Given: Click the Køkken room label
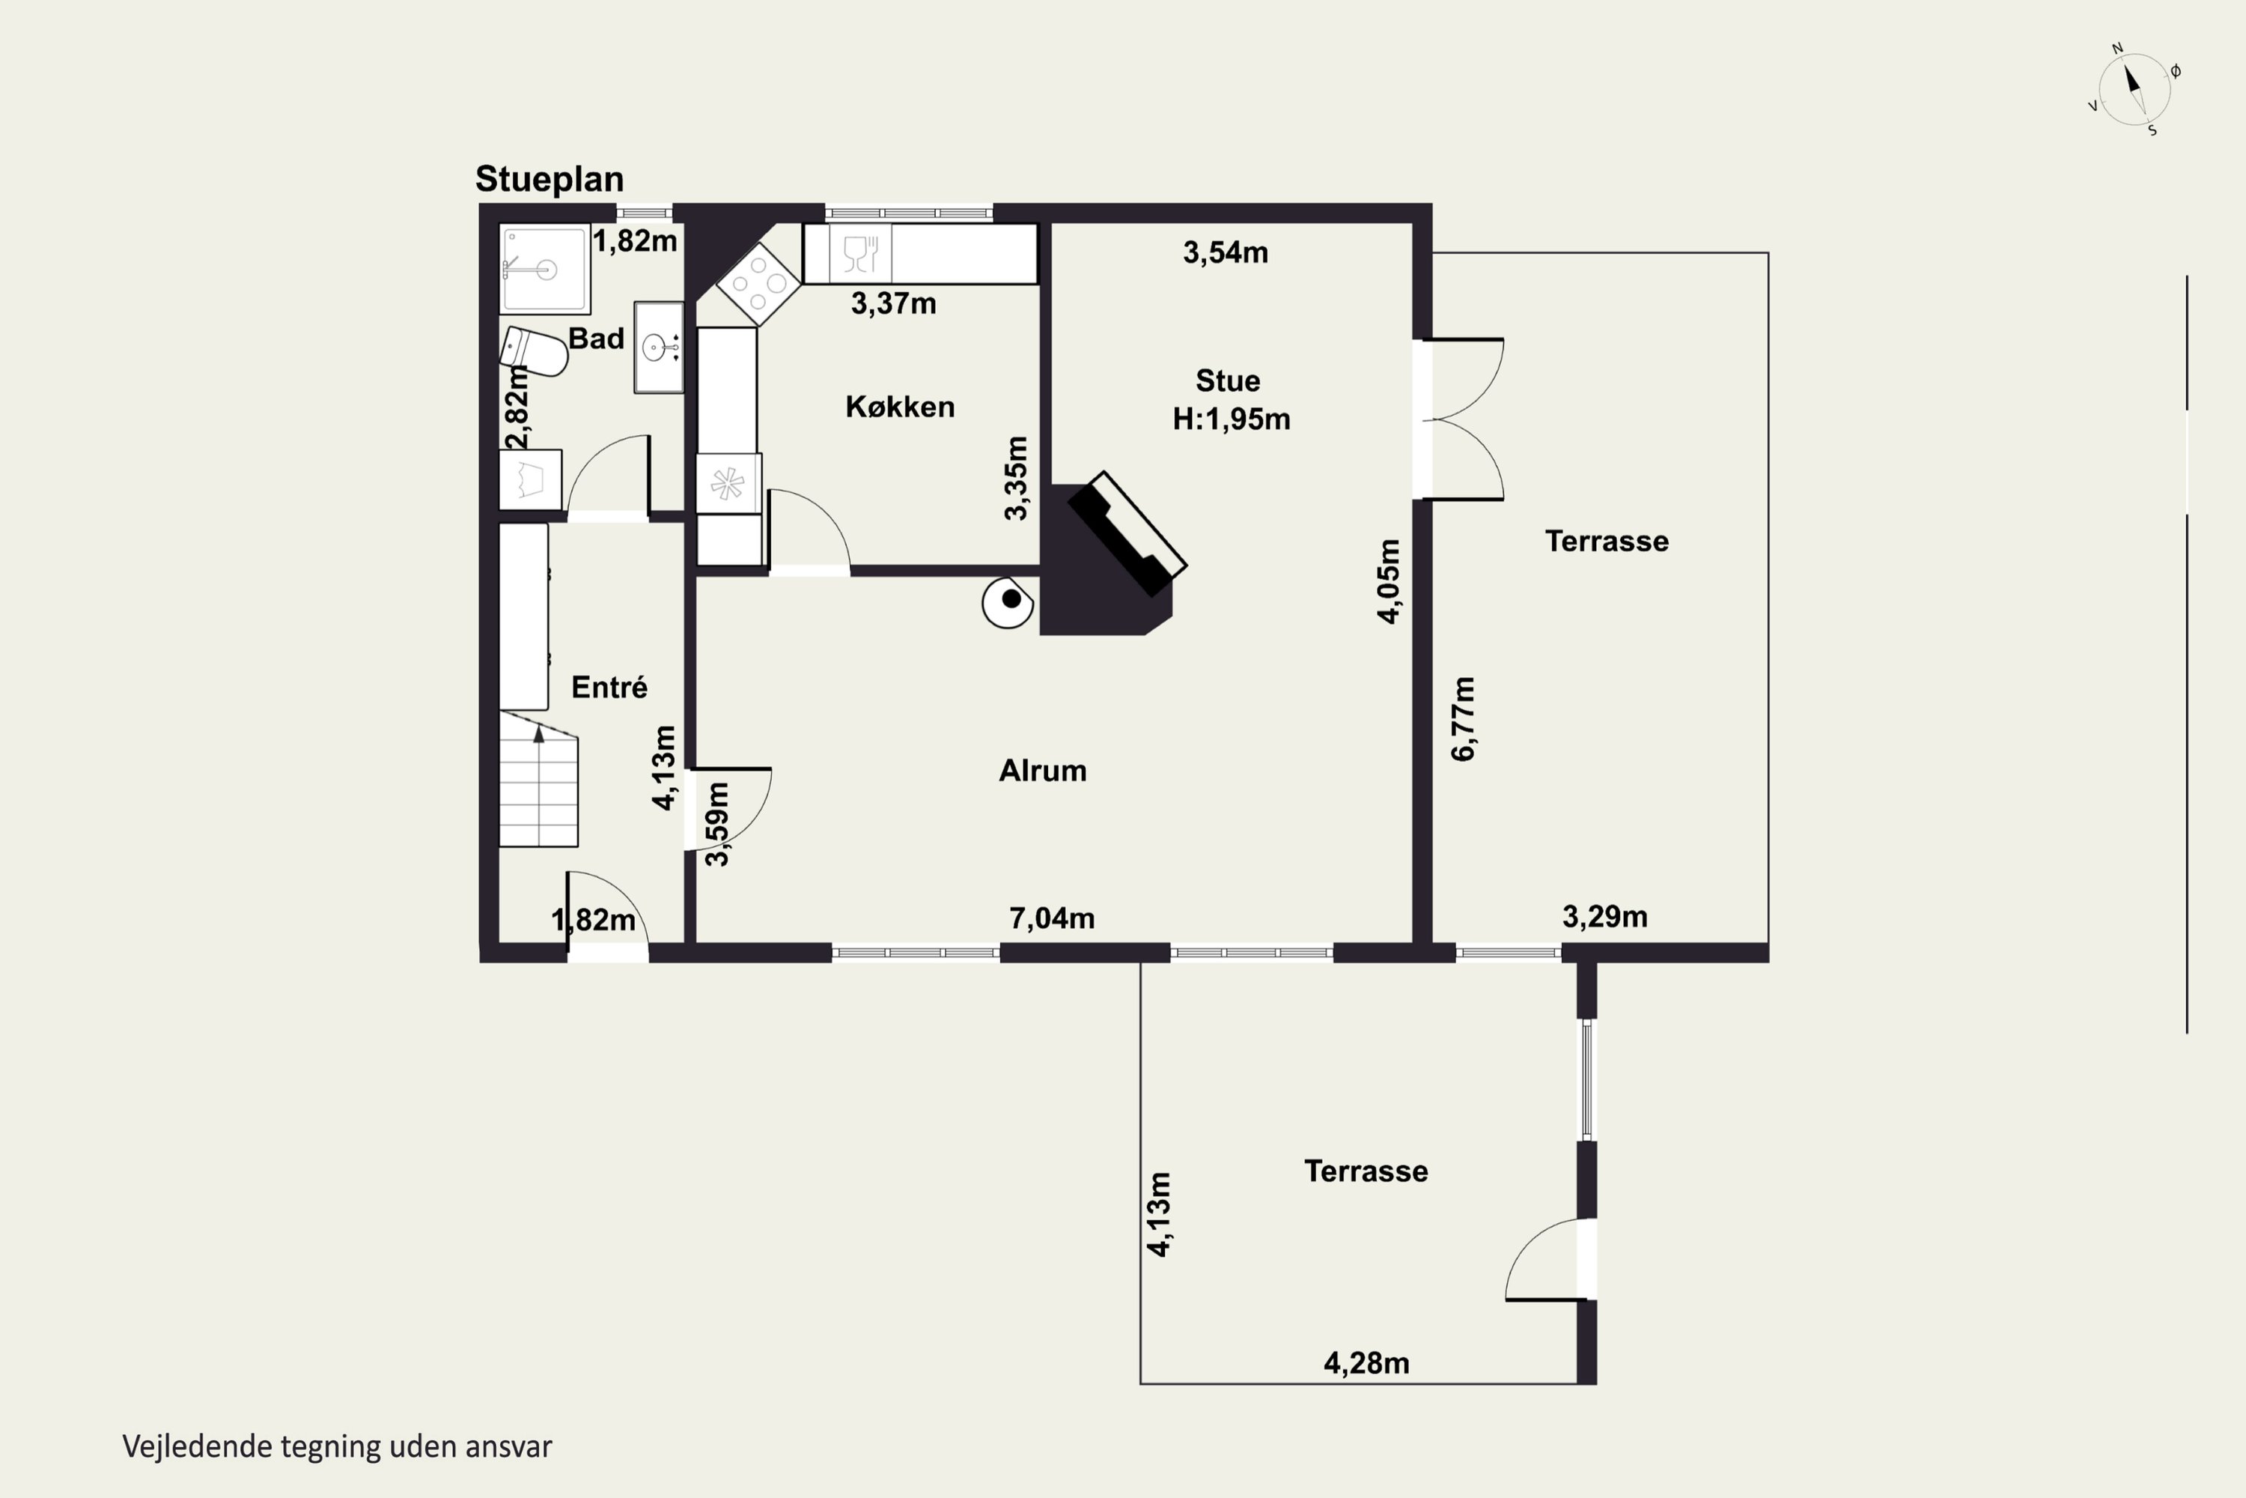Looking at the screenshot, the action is coord(900,407).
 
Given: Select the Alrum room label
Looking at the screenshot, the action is coord(1043,771).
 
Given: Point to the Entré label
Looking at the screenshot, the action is coord(609,687).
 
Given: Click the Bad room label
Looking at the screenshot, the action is coord(596,339).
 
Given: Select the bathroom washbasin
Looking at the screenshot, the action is coord(659,348).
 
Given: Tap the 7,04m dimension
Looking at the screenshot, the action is coord(1051,918).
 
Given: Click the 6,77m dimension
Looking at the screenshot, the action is coord(1463,718).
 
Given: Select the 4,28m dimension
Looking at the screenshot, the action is coord(1366,1363).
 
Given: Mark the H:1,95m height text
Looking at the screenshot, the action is coord(1231,419).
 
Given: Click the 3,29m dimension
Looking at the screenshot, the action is coord(1605,917).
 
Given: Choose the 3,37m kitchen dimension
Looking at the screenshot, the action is coord(894,304).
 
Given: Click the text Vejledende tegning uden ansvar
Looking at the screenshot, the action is coord(337,1446).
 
